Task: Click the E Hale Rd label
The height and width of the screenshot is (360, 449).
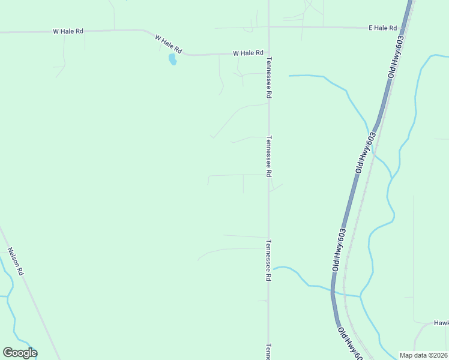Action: pos(384,28)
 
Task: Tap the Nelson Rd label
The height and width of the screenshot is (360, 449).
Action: pos(15,261)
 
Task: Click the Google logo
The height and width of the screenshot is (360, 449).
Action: pos(20,353)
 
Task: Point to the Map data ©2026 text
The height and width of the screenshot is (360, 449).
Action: pos(423,355)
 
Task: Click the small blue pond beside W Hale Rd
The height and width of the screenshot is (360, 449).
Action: pos(172,59)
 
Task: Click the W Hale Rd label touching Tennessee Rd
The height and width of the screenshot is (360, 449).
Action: pos(248,53)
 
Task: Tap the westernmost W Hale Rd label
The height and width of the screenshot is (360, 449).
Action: pos(68,31)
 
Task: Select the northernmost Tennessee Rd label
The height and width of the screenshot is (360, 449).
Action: pos(270,78)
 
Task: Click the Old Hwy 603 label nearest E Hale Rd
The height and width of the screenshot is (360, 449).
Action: pos(397,57)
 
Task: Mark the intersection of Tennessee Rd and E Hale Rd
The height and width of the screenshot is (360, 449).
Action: pos(268,27)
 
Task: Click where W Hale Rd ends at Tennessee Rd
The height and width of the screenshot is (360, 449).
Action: pos(268,53)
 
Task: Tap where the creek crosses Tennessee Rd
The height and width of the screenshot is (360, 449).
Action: pos(269,269)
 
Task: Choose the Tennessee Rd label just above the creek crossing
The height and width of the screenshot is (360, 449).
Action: pos(269,261)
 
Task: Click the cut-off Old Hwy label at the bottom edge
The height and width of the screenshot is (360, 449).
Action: pos(349,344)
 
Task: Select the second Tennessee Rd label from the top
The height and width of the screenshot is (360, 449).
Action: pos(270,155)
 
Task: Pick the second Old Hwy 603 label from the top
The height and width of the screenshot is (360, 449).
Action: pos(366,153)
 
